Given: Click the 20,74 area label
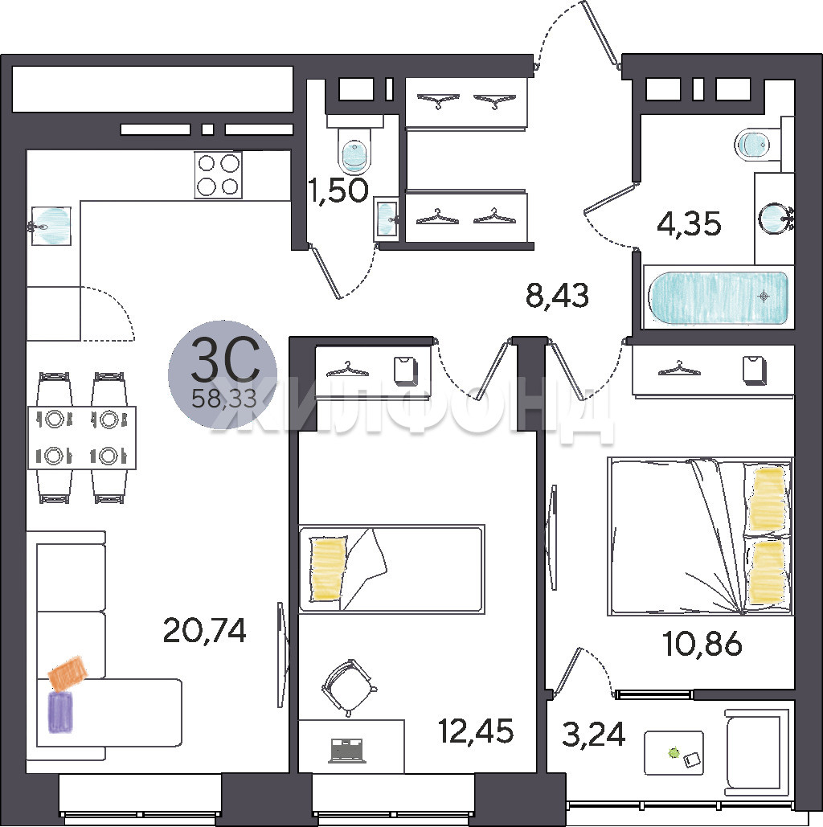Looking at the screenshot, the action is pos(205,630).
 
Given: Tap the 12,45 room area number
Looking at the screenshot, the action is pos(476,731).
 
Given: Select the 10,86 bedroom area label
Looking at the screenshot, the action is pos(702,644).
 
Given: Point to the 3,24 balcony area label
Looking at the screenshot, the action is pos(593,735).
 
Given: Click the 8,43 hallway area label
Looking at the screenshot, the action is pos(557,296).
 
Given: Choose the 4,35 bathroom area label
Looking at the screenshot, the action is pos(689,223).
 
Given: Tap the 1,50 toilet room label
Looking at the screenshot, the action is pos(338,190).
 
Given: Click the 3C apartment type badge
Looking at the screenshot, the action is pos(223,374).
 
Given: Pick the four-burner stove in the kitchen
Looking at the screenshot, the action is pos(219,175).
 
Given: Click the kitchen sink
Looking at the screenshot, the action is pos(51,226).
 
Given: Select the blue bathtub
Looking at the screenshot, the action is pos(719,297).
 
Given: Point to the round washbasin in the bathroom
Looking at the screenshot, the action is pos(775,218).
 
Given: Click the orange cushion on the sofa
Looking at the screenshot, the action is pos(68,673).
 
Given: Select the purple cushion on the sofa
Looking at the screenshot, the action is pos(60,712).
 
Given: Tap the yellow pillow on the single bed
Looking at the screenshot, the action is pos(328,568).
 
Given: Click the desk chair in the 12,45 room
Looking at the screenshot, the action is pos(349,687).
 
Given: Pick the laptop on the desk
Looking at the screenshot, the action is pos(347,750).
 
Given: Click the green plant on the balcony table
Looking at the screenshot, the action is pos(674,752).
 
